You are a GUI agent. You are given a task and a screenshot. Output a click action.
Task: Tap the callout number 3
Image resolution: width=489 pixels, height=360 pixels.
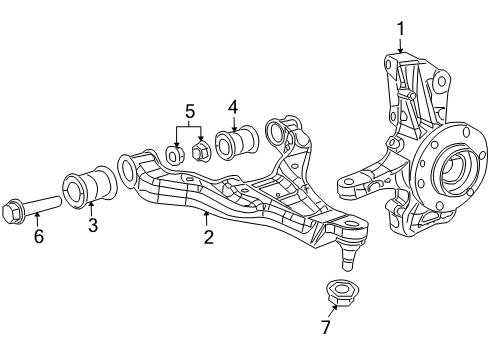pos(92,226)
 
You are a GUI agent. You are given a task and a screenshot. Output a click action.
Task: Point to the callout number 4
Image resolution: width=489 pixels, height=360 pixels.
pos(232,105)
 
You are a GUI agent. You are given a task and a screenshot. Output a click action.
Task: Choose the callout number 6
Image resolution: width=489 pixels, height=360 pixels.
pos(39,236)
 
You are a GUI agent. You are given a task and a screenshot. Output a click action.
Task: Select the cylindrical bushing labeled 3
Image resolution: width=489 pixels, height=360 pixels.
pos(88,188)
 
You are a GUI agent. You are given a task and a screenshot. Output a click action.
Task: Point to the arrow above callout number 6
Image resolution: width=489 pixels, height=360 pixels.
pos(38,221)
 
